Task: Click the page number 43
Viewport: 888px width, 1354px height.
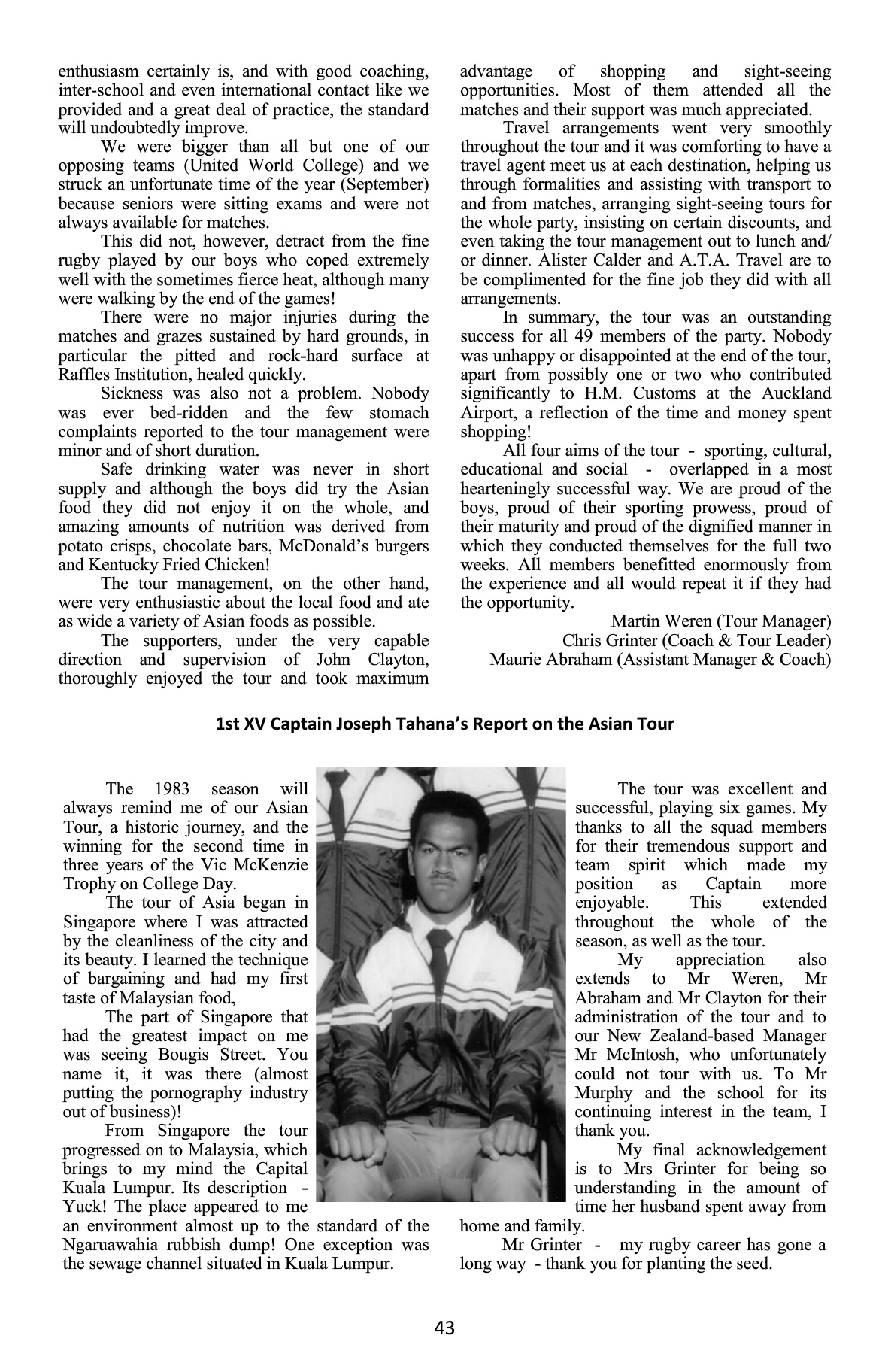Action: click(x=444, y=1328)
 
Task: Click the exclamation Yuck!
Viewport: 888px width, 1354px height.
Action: click(x=82, y=1207)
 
